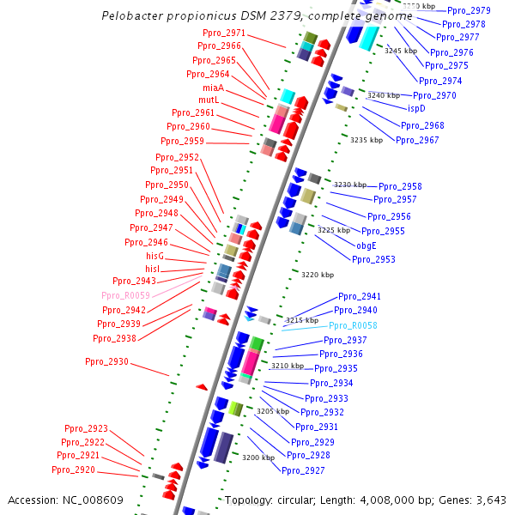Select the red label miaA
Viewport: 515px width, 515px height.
click(x=213, y=88)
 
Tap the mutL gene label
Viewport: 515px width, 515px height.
click(x=209, y=100)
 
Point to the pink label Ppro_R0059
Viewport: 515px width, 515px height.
click(x=125, y=295)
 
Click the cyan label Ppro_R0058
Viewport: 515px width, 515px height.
click(x=353, y=326)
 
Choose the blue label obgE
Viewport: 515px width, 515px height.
click(x=367, y=245)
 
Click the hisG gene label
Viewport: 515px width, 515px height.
click(x=154, y=257)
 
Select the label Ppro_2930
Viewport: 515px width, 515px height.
click(x=106, y=362)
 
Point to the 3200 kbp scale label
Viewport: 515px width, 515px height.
click(x=257, y=457)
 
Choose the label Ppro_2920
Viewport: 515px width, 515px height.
click(x=73, y=470)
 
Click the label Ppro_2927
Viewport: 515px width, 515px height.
click(x=303, y=470)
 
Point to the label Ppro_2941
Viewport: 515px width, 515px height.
click(x=359, y=296)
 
